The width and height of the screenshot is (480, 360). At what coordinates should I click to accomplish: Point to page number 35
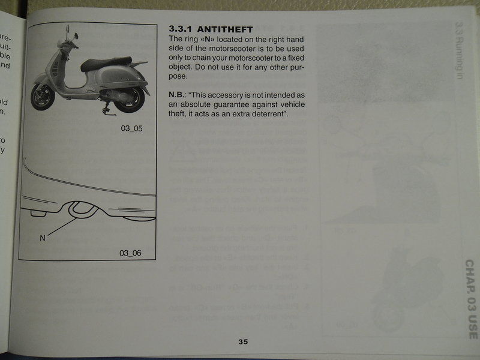(x=242, y=342)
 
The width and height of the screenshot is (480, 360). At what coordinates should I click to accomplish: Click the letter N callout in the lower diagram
(x=42, y=238)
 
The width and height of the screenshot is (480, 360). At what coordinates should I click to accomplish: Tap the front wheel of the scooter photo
(x=43, y=96)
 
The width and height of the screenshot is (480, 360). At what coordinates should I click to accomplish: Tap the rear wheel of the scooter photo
(x=130, y=98)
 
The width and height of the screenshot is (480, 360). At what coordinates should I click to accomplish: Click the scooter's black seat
(x=105, y=63)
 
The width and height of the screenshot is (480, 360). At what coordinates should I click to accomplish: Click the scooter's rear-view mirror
(x=76, y=37)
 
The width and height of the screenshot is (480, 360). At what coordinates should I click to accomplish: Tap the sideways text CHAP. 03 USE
(x=469, y=305)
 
